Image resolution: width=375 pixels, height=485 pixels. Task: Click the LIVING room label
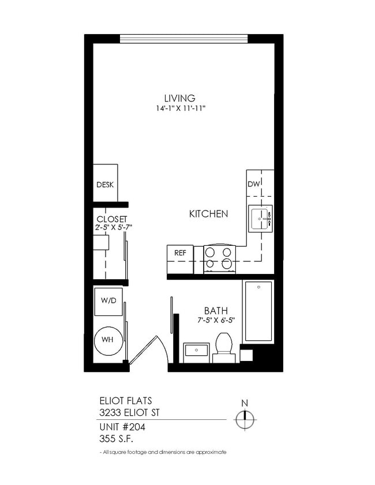(179, 98)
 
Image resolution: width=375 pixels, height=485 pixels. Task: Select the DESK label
(105, 185)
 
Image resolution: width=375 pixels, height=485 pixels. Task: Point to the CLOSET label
(111, 219)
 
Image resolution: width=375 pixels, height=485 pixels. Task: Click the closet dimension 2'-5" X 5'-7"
(114, 227)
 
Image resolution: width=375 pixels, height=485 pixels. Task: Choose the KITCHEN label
(208, 214)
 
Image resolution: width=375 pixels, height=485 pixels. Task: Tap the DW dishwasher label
(254, 185)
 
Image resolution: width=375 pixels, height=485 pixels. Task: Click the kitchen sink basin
(260, 219)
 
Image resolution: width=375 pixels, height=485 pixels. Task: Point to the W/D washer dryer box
(108, 302)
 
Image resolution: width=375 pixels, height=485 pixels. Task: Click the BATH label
(215, 311)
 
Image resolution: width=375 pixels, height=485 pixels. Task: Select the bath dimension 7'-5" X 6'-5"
(215, 320)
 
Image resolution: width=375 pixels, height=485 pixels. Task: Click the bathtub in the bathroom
(258, 311)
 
